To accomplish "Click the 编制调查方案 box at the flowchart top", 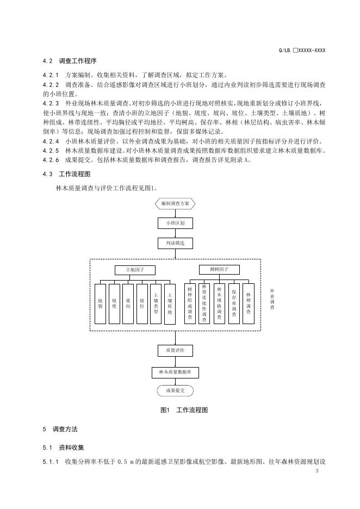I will click(x=175, y=203).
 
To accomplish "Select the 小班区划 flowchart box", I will click(x=175, y=223).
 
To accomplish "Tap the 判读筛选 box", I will click(x=175, y=243).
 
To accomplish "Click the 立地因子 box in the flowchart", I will click(x=135, y=270).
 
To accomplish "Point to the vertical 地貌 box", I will click(x=101, y=303).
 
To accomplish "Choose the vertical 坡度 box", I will click(x=114, y=303).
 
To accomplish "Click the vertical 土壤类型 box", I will click(x=156, y=303).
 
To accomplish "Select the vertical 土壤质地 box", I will click(x=170, y=303).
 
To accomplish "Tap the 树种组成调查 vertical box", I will click(x=189, y=303).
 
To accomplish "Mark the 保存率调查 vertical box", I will click(x=234, y=303).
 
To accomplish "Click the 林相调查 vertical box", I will click(x=249, y=303).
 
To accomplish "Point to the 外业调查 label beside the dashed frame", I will click(x=272, y=300).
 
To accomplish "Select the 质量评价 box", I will click(x=175, y=350).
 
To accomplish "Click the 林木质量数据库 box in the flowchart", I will click(x=175, y=372).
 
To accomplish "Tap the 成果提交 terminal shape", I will click(x=175, y=390).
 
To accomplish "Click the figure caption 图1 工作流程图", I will click(x=184, y=410).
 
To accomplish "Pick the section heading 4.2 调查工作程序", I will click(x=70, y=60).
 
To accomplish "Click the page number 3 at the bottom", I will click(x=316, y=470).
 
